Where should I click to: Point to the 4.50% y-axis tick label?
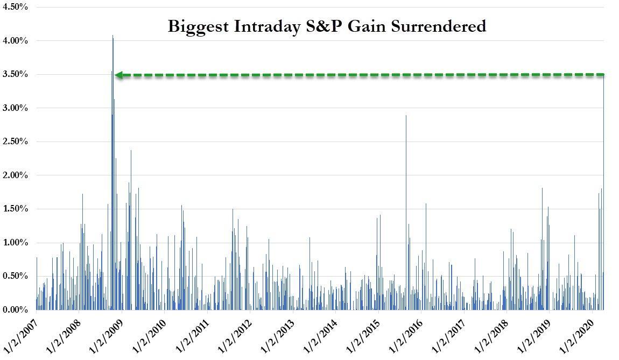coord(16,7)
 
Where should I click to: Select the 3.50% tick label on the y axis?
coord(16,74)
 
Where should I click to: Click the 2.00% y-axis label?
coord(16,175)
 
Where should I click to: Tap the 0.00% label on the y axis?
coord(16,310)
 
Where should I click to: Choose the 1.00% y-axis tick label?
coord(16,243)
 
